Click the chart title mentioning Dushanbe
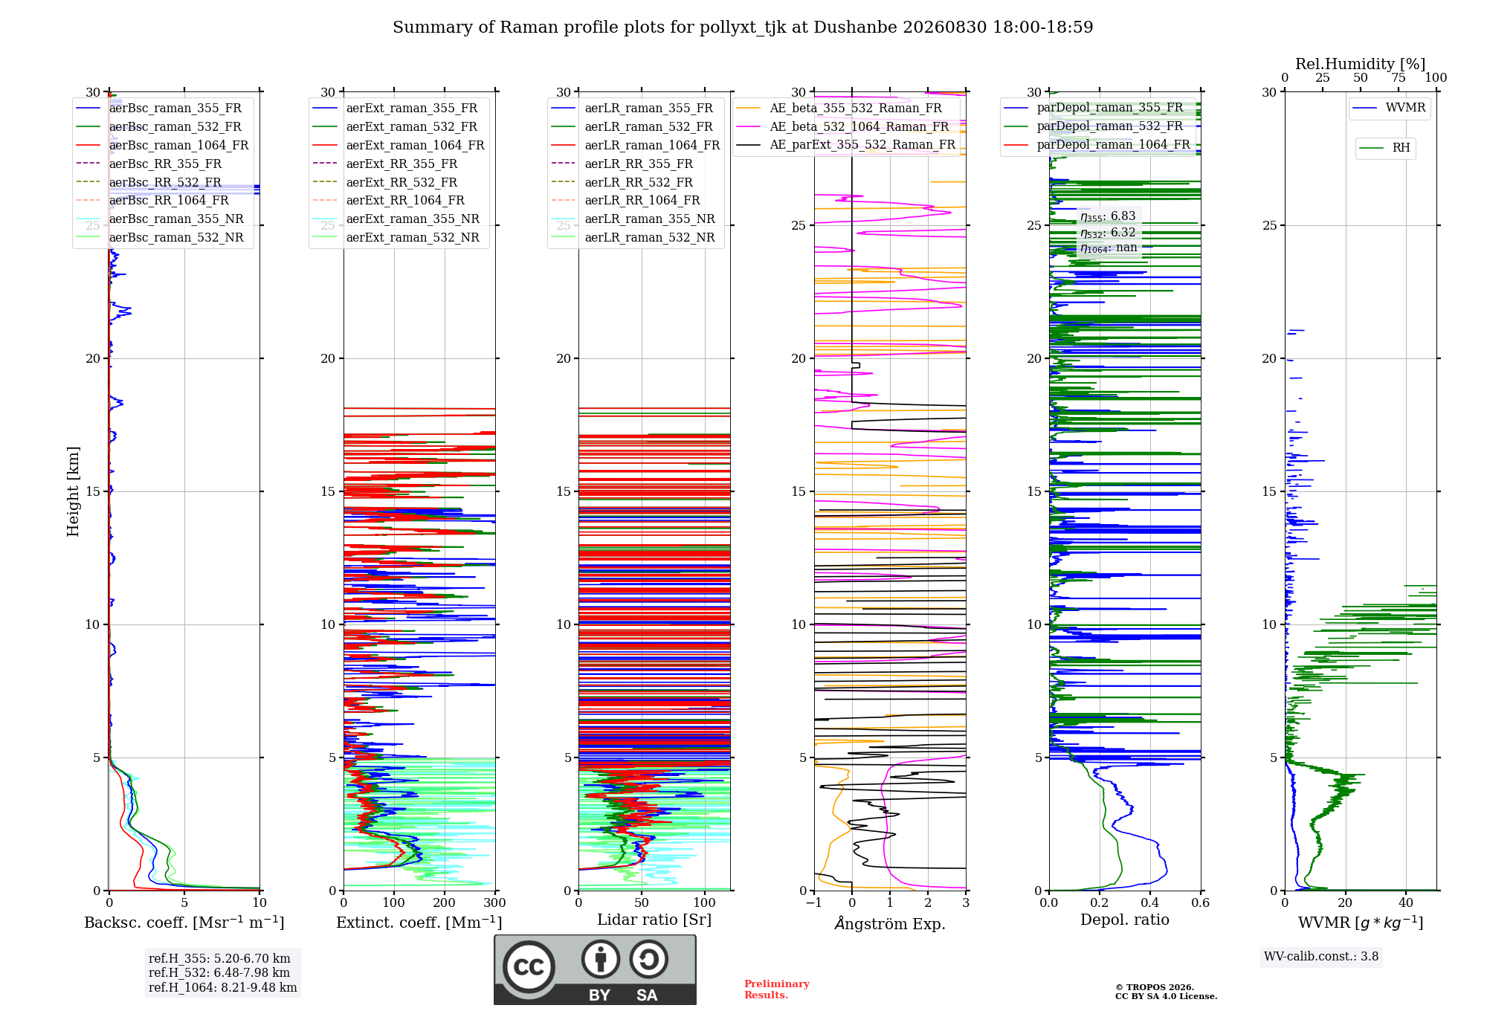743,28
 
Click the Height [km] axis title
73,491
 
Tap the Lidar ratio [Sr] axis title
654,920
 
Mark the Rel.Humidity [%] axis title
1361,64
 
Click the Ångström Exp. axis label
890,923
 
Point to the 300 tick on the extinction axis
494,903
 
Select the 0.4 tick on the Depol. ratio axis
1150,903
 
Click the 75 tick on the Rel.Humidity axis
1399,78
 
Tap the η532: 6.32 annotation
1108,233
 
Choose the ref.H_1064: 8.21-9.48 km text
223,987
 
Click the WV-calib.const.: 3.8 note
1321,957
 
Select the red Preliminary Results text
777,989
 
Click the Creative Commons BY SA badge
595,970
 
